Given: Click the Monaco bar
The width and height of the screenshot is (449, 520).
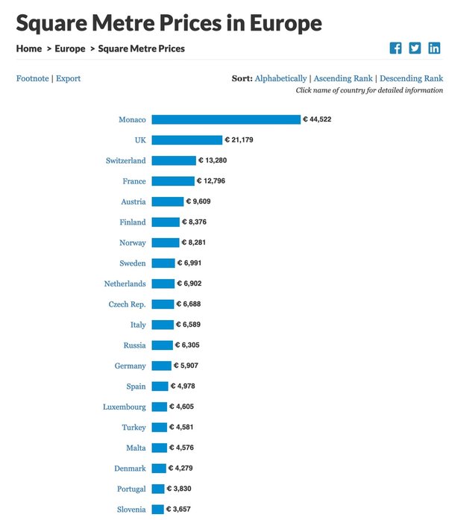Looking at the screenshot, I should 225,119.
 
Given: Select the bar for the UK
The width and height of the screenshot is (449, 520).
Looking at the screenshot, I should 186,140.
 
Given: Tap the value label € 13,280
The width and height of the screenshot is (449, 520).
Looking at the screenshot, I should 216,160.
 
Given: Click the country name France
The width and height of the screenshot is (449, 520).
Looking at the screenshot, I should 134,181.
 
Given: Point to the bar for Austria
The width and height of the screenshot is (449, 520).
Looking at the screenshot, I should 167,201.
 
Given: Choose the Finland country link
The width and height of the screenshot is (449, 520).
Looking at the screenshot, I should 133,222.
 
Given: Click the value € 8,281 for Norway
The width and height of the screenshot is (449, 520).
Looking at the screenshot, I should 201,242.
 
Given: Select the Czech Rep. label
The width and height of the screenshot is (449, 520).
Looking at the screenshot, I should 127,304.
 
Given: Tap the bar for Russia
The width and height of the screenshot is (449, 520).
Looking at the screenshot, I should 162,345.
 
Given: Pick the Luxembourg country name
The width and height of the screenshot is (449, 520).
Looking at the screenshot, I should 125,407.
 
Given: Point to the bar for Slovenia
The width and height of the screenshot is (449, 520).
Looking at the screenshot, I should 157,509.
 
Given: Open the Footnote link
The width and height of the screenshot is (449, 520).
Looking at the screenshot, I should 32,78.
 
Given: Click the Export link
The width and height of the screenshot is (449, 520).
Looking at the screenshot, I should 68,78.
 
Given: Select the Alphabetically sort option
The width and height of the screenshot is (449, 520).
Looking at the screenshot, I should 280,78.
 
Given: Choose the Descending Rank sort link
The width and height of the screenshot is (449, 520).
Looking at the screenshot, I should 411,78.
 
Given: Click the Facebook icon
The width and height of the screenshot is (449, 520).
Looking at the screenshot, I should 395,48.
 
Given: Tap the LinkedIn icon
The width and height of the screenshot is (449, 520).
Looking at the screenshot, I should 434,48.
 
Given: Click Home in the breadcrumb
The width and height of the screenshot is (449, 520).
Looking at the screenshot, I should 29,48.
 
